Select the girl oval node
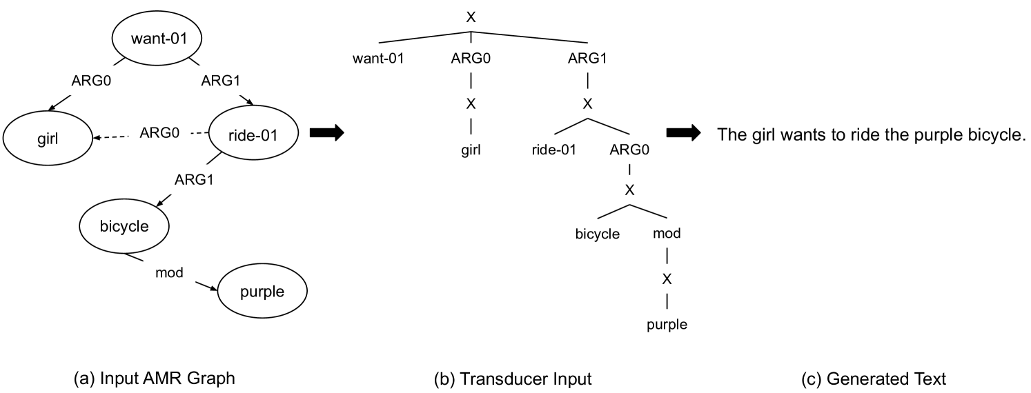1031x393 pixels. (x=46, y=137)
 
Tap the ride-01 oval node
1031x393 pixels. (x=253, y=135)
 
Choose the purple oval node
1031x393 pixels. (x=262, y=292)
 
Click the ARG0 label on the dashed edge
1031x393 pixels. (x=160, y=132)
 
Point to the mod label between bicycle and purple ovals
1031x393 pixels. (x=169, y=272)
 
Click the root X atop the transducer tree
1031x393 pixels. (x=471, y=17)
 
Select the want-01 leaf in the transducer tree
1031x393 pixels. (x=377, y=58)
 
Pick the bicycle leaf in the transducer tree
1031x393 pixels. (x=598, y=234)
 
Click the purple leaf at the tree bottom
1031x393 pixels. (x=667, y=325)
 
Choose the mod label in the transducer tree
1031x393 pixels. (x=667, y=234)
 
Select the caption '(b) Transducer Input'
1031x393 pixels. (x=512, y=379)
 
